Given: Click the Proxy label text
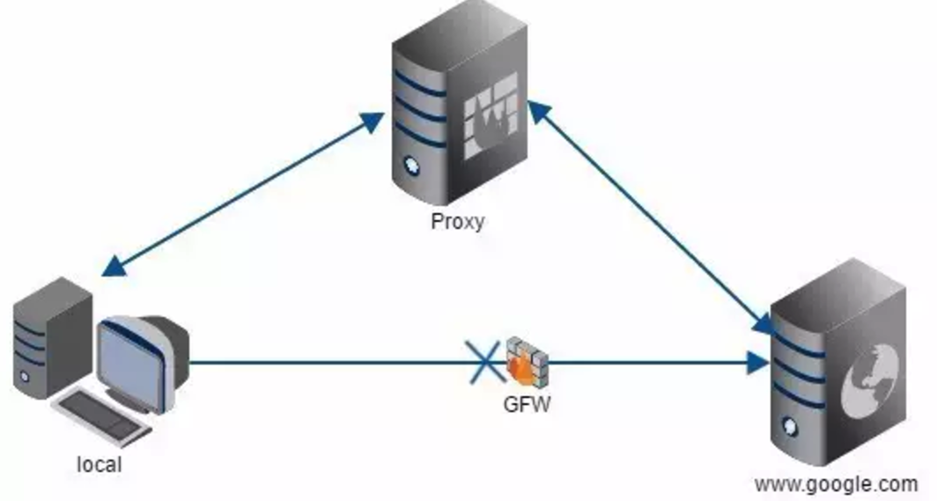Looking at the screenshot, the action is pos(457,222).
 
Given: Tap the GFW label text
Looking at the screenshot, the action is pos(527,404).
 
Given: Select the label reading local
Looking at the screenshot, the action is pos(100,464).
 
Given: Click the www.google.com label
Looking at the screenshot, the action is pos(837,483).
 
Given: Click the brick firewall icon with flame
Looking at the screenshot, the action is pos(526,361).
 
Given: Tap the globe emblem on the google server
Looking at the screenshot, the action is pos(870,381).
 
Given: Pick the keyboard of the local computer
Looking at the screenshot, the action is pos(102,416).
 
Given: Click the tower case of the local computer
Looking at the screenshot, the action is pos(53,336).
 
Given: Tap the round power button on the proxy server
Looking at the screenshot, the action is pos(411,166).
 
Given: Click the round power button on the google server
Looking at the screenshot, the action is pos(790,426).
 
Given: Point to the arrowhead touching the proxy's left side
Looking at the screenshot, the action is pos(373,122).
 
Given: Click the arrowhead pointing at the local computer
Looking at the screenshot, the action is pos(114,266).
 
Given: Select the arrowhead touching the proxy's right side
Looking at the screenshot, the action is pos(538,112).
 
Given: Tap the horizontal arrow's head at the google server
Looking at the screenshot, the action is pos(758,363).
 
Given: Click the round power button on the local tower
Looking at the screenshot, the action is pos(24,376).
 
